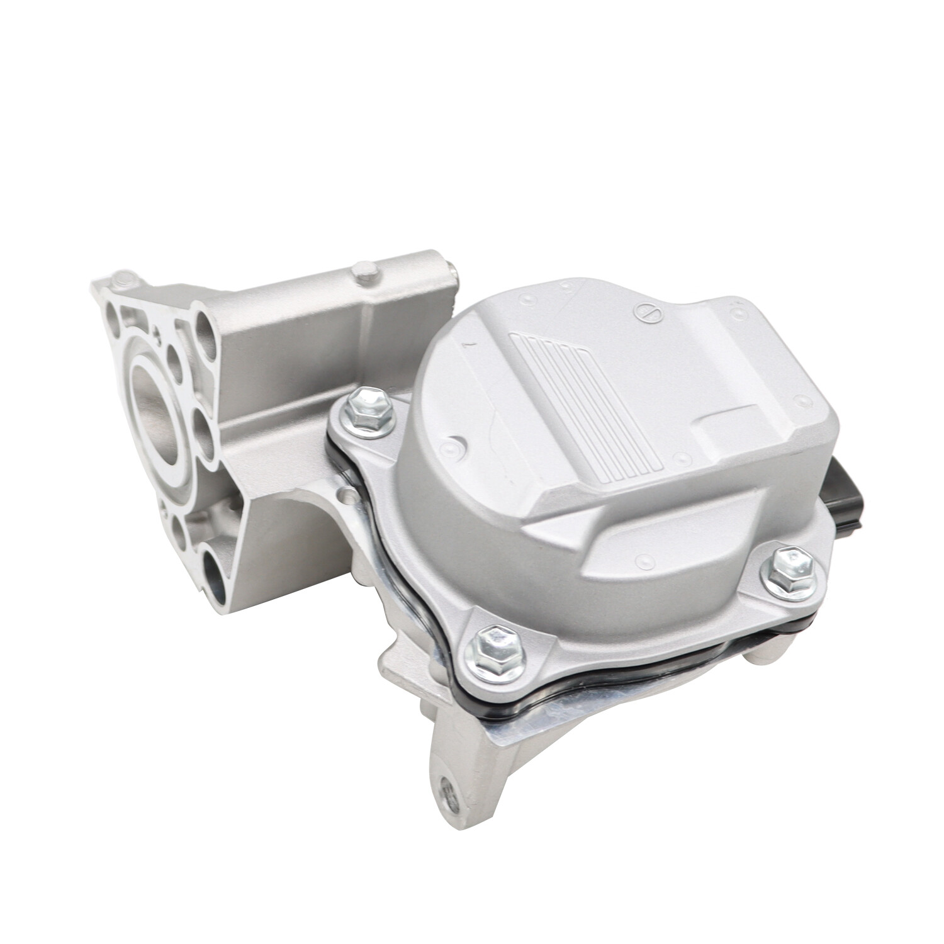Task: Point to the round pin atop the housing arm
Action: pos(364,273)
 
